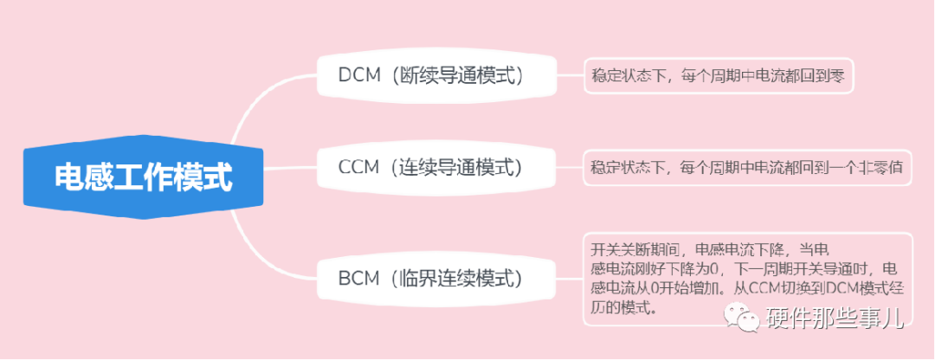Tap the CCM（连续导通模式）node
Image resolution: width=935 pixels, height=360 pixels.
433,166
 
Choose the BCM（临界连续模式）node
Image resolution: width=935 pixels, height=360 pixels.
433,279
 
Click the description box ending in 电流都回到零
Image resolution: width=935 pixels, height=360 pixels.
718,77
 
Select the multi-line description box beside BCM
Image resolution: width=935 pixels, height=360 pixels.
747,278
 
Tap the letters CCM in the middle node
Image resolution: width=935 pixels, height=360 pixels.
359,166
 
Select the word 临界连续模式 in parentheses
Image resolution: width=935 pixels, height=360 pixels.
457,279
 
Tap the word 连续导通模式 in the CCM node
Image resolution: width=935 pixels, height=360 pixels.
458,166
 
